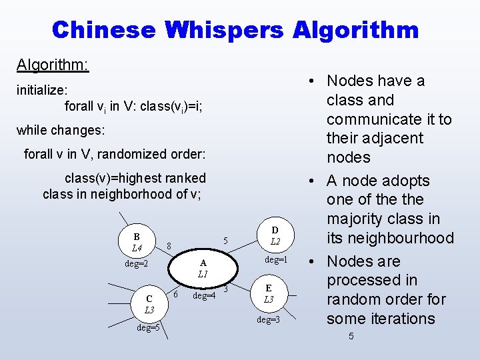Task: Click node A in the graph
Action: [203, 269]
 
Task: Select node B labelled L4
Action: [137, 243]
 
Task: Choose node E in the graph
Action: [268, 294]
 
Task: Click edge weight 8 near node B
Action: [169, 246]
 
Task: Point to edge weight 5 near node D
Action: [226, 241]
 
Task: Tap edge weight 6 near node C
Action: [175, 294]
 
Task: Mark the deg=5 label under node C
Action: [148, 327]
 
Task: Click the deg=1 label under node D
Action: [276, 259]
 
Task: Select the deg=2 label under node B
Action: [137, 264]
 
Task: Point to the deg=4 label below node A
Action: [204, 295]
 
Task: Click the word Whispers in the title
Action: [225, 30]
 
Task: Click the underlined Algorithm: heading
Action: [53, 65]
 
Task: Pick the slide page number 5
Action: [351, 336]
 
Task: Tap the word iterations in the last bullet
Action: [406, 318]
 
